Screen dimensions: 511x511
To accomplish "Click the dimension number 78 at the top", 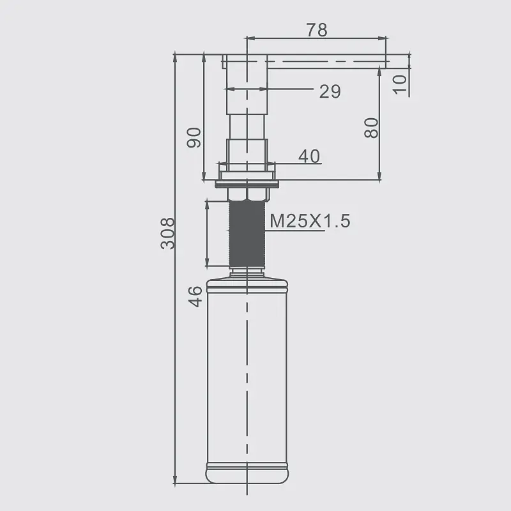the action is coord(317,29).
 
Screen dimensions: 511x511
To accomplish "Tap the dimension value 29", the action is coord(330,91).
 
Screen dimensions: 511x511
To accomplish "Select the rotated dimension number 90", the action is coord(194,137).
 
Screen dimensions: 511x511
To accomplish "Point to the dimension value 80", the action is coord(372,128).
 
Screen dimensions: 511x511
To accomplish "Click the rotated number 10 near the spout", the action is coord(400,84).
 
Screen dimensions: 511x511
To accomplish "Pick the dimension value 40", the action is coord(309,156).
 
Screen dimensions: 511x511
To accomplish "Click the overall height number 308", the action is coord(167,233).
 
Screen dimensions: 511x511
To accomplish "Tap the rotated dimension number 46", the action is coord(195,296).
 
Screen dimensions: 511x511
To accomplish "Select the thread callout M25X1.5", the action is coord(310,221).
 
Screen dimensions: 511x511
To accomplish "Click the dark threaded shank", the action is coord(247,234).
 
